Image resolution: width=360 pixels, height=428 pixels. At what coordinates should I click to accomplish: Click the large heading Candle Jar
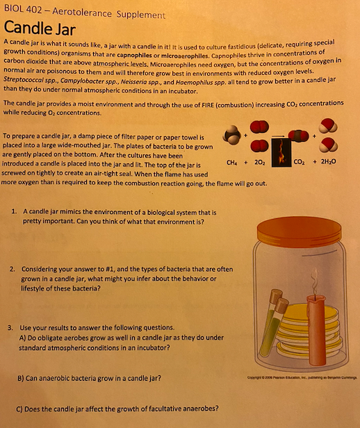coord(40,28)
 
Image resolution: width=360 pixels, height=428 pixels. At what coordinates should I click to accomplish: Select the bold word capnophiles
coord(134,55)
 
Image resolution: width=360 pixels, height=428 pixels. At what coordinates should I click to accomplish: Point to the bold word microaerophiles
coord(185,56)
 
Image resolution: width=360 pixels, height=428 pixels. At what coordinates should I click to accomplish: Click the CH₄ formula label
coord(231,163)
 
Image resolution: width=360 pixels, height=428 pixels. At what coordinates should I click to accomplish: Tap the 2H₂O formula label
coord(328,162)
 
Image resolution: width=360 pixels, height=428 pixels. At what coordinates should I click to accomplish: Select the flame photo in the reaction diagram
coord(281,152)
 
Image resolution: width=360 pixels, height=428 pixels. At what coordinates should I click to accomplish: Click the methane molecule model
coord(232,135)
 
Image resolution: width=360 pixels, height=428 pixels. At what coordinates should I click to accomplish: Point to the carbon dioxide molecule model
coord(298,136)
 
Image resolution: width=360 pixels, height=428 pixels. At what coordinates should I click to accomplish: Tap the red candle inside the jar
coord(316,330)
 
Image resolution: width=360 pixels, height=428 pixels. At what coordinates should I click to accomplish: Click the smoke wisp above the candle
coord(315,281)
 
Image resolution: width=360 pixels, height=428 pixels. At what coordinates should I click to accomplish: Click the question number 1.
coord(14,211)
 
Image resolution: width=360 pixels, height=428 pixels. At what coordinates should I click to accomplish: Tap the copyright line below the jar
coord(302,377)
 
